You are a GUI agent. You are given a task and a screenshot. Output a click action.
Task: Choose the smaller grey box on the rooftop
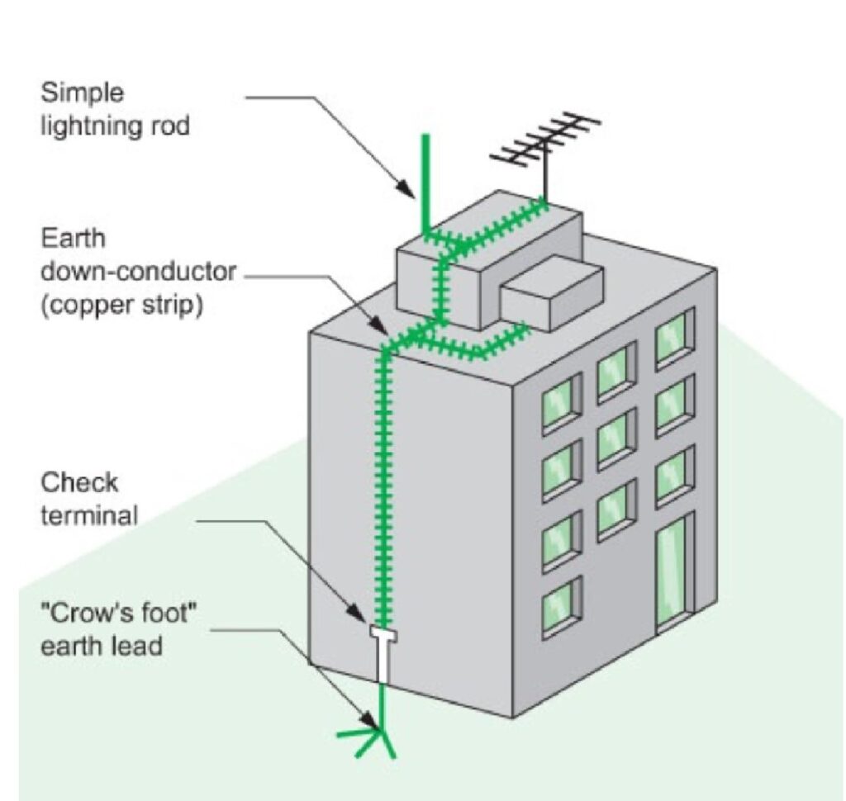click(552, 292)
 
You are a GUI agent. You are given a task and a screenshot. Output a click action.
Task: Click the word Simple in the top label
click(83, 93)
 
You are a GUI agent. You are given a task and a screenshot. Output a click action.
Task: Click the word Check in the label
click(79, 482)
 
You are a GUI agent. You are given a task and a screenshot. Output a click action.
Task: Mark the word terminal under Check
click(89, 516)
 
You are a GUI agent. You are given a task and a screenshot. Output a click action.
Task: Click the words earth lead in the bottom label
click(101, 646)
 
